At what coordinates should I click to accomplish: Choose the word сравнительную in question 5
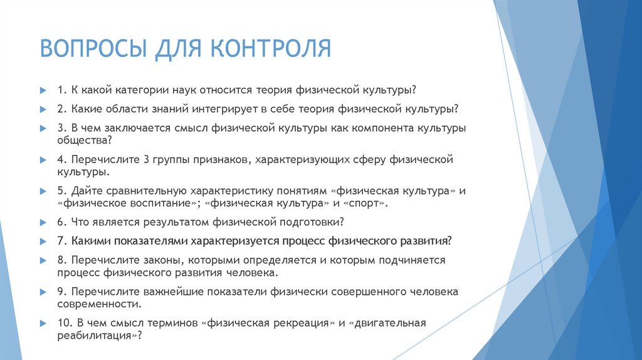(139, 191)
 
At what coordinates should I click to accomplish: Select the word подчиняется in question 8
(412, 260)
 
